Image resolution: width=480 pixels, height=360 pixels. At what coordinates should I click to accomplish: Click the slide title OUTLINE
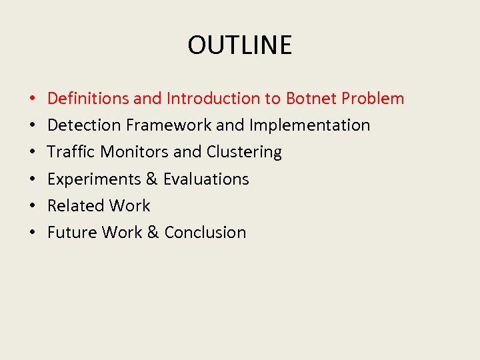(x=239, y=45)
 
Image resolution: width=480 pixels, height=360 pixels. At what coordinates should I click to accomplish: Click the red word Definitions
(x=88, y=99)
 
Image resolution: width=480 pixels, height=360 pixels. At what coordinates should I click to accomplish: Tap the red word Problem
(x=373, y=99)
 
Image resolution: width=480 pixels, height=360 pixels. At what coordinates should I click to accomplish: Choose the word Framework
(x=165, y=125)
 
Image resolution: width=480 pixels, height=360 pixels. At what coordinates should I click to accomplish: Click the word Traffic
(x=71, y=152)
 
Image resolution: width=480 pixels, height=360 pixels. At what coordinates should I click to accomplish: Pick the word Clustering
(x=244, y=152)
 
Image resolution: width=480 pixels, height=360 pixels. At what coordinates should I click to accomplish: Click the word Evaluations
(x=206, y=179)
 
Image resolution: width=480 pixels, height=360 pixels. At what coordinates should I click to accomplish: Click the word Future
(x=72, y=233)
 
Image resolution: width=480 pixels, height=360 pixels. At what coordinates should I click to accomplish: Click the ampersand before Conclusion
(x=153, y=233)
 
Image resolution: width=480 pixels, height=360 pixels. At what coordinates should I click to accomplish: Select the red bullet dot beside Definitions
(x=32, y=99)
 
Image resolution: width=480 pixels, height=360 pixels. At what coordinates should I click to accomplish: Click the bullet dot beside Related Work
(x=32, y=207)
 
